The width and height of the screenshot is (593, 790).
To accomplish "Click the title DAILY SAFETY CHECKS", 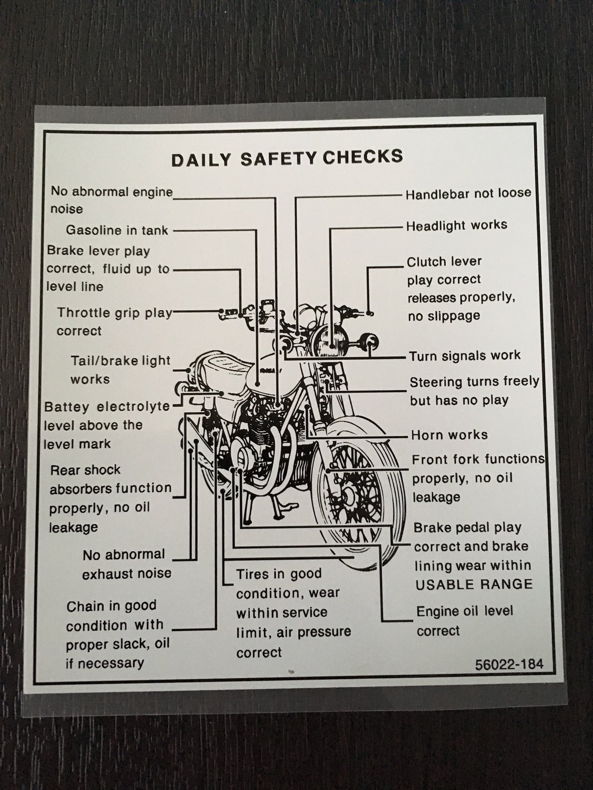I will [287, 158].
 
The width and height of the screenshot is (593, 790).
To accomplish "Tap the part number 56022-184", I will [509, 664].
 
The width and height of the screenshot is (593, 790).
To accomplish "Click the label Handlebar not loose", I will [468, 194].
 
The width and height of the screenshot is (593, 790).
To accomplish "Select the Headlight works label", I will [456, 225].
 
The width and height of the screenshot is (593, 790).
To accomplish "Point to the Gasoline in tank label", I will [117, 230].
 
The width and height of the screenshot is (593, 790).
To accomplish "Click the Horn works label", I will [449, 435].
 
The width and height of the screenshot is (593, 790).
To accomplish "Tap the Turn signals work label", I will [465, 355].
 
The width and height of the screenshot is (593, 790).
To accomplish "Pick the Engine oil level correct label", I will [464, 621].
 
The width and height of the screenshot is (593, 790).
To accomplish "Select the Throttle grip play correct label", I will [113, 322].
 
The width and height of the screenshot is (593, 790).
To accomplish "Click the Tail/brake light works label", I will [120, 370].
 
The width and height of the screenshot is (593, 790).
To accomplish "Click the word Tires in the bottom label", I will [252, 574].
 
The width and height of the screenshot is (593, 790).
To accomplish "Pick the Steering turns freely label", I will [474, 390].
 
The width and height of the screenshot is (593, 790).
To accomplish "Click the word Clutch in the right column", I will [426, 262].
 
